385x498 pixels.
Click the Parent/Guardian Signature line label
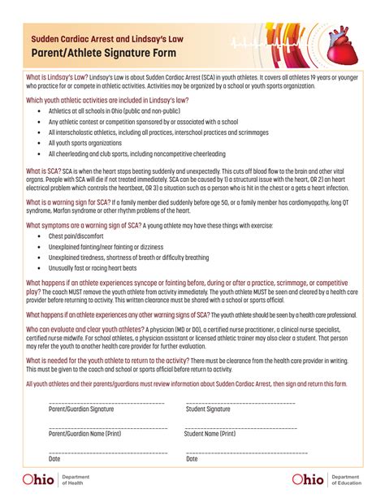tap(81, 409)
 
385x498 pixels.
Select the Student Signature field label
tap(208, 409)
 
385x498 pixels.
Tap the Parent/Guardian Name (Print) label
tap(84, 434)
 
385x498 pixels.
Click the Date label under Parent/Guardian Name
tap(54, 459)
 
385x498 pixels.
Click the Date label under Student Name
tap(192, 459)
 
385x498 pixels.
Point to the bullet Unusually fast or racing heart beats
tap(93, 267)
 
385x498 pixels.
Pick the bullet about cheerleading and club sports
tap(125, 154)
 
